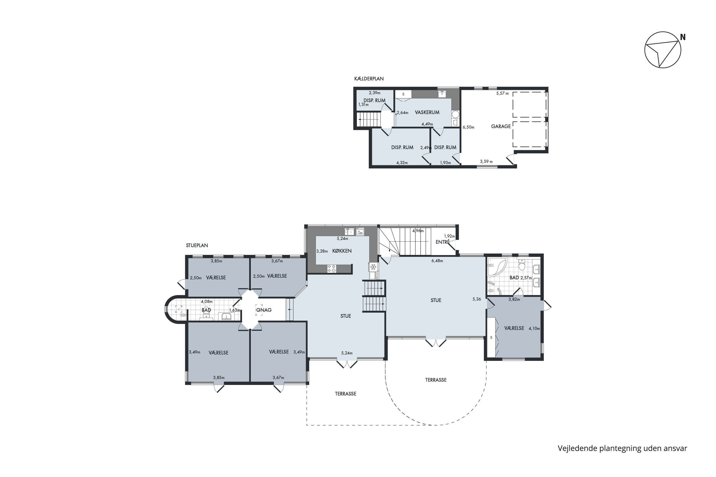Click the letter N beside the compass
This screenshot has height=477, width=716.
tap(683, 37)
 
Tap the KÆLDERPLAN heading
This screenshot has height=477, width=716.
tap(369, 78)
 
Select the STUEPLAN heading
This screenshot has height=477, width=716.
tap(197, 245)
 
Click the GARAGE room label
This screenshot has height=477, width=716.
tap(501, 126)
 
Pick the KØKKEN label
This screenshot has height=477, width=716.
tap(342, 251)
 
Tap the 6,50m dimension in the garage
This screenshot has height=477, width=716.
tap(469, 127)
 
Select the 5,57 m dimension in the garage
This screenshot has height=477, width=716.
tap(502, 93)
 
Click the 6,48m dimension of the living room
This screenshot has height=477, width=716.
tap(437, 261)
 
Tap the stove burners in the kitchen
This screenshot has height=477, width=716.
tap(332, 269)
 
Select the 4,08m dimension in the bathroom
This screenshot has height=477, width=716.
tap(207, 301)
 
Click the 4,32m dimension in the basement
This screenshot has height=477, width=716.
tap(402, 162)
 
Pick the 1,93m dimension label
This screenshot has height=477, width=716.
tap(445, 162)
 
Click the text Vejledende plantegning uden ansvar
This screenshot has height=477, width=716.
tap(622, 448)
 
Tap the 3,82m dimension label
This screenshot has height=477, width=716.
tap(514, 299)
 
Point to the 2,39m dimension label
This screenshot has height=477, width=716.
tap(374, 93)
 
